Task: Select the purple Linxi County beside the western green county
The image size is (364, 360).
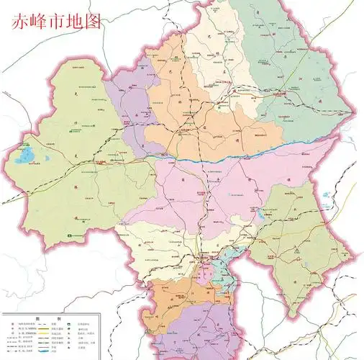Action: (x=129, y=108)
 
